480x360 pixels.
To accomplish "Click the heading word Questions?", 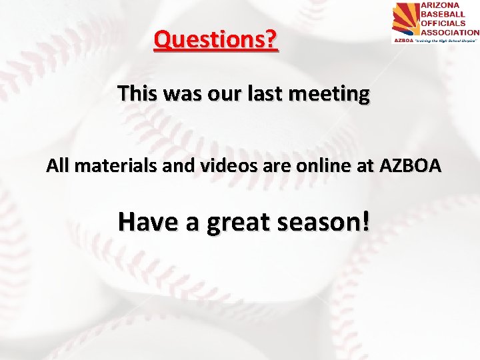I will [215, 41].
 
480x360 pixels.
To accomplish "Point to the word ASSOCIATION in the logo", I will [449, 31].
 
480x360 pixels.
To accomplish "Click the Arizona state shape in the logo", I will [405, 19].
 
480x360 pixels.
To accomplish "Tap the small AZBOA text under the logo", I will [402, 40].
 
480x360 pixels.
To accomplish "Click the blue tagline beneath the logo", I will [445, 40].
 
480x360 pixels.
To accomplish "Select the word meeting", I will [333, 94].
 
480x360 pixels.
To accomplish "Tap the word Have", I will [145, 223].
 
